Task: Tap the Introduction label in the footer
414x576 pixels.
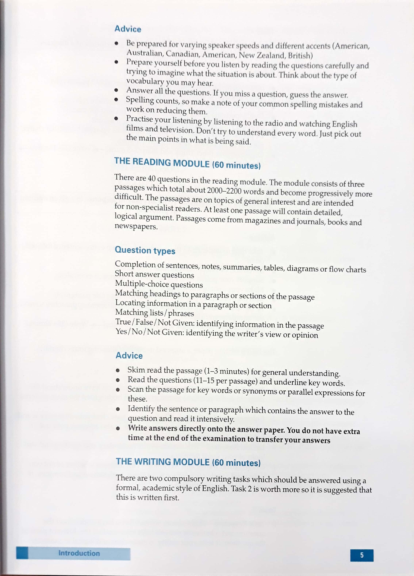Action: (x=79, y=553)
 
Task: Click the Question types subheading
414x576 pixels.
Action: (x=145, y=250)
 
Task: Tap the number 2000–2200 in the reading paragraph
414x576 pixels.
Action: (x=224, y=190)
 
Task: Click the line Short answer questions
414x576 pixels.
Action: (x=154, y=274)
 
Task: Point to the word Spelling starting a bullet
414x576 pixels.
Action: (x=140, y=100)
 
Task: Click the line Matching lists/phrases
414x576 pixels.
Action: (x=154, y=313)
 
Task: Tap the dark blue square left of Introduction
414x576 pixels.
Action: (x=22, y=553)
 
